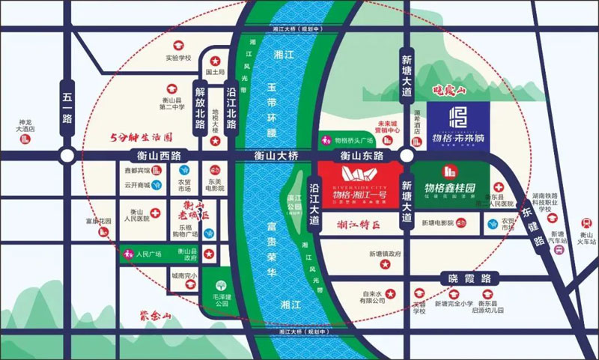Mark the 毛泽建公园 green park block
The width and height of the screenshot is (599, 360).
tap(219, 292)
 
